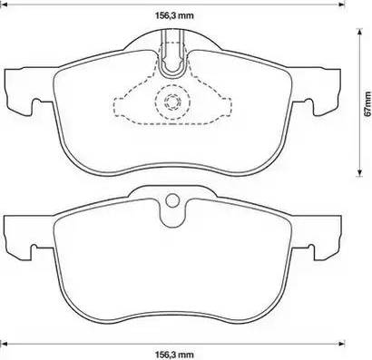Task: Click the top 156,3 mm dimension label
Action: click(x=174, y=15)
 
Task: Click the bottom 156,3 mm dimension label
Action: click(x=174, y=354)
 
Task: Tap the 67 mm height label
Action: click(x=367, y=103)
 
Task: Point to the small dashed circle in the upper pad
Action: click(x=172, y=101)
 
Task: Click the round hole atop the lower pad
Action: click(x=173, y=200)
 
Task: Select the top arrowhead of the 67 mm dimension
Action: click(x=359, y=32)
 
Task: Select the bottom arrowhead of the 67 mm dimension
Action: click(x=359, y=171)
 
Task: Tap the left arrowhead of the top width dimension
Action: click(x=5, y=5)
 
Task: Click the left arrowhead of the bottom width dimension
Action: click(x=5, y=344)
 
